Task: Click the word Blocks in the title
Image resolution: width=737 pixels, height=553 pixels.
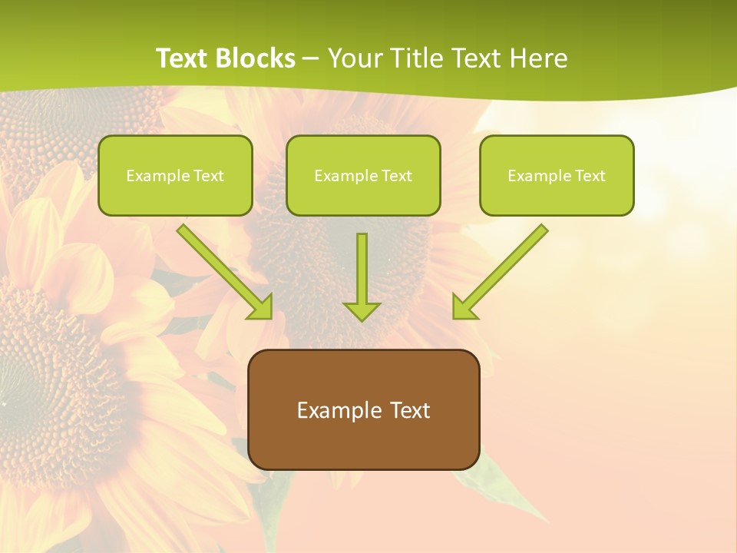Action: [256, 58]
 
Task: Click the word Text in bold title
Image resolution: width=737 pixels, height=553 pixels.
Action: [183, 58]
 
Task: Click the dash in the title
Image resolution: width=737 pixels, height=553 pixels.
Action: [311, 58]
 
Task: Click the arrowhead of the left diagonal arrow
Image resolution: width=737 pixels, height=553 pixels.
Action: [261, 307]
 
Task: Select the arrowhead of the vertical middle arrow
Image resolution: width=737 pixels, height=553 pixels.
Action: [362, 310]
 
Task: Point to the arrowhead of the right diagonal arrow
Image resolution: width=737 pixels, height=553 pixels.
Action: [464, 307]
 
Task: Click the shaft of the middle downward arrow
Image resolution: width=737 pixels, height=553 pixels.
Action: [362, 265]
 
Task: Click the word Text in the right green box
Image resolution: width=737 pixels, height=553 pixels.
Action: [590, 176]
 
